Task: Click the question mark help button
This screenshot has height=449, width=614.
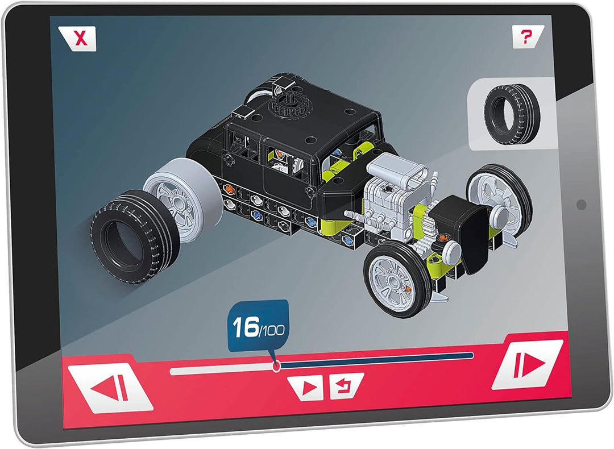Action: click(526, 37)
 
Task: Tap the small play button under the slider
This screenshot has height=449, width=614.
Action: click(308, 387)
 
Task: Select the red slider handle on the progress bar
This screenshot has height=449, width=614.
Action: click(277, 366)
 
